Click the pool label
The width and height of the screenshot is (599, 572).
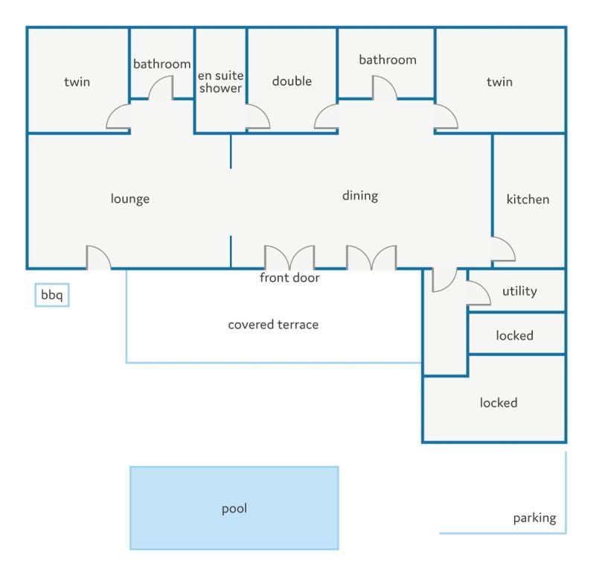(234, 509)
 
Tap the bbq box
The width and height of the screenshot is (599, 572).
(52, 295)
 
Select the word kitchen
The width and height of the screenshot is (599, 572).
(528, 199)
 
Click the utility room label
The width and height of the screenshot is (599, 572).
(519, 291)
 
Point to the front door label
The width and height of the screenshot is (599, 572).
(289, 278)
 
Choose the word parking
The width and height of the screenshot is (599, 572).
(534, 518)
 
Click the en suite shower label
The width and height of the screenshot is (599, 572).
(220, 82)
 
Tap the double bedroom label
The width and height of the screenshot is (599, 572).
(292, 81)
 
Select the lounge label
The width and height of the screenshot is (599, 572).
(130, 199)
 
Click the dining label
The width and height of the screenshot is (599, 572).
(360, 196)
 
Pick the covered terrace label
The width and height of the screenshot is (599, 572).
(273, 325)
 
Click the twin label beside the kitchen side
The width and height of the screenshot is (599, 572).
(499, 82)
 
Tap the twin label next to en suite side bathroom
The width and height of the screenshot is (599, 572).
(77, 82)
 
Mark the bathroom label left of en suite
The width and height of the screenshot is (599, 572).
(162, 64)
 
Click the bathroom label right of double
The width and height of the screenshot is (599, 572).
(388, 60)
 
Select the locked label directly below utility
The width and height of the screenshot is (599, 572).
(514, 336)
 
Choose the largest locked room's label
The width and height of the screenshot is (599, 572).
(499, 403)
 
